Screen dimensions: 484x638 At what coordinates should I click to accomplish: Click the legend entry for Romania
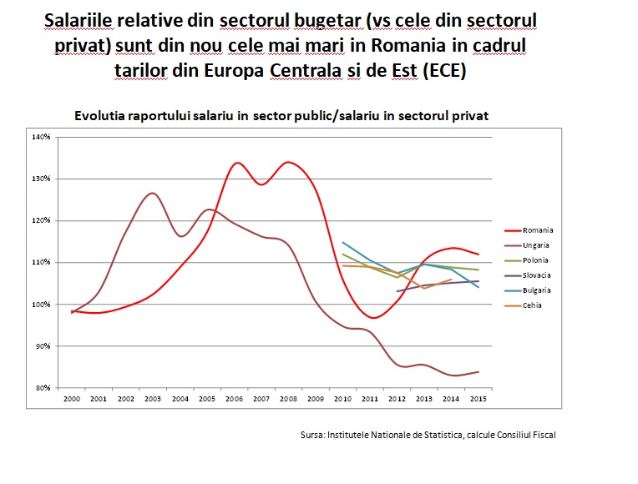click(x=537, y=230)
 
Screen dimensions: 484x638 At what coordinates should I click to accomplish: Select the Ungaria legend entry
click(x=536, y=245)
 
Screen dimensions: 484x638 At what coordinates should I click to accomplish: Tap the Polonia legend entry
click(x=536, y=260)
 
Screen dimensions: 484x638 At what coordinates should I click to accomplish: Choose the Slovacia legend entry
click(x=537, y=275)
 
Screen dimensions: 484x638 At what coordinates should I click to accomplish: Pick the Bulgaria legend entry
click(x=537, y=290)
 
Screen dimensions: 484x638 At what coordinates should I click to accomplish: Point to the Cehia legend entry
click(x=533, y=305)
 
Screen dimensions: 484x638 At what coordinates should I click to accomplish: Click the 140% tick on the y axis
click(x=42, y=136)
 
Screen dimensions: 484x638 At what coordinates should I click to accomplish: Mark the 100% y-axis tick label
click(x=42, y=304)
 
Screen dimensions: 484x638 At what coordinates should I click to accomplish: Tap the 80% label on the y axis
click(x=43, y=387)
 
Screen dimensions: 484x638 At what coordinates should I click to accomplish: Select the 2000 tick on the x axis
click(x=73, y=400)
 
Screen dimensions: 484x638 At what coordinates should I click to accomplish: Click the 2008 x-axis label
click(x=288, y=400)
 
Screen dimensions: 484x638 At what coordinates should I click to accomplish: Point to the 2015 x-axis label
click(x=477, y=400)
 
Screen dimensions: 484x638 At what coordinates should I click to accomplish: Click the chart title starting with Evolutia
click(x=281, y=116)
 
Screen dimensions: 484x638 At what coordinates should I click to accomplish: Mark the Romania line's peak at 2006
click(x=237, y=163)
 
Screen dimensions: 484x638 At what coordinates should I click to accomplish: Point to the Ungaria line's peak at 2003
click(x=152, y=194)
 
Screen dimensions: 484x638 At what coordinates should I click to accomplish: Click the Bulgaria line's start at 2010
click(x=344, y=242)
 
